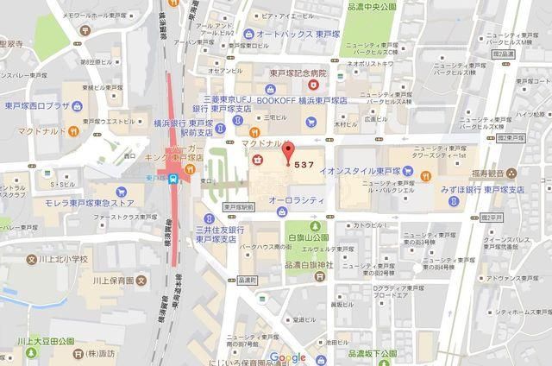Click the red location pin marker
tap(288, 151)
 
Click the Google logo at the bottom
tap(287, 357)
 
